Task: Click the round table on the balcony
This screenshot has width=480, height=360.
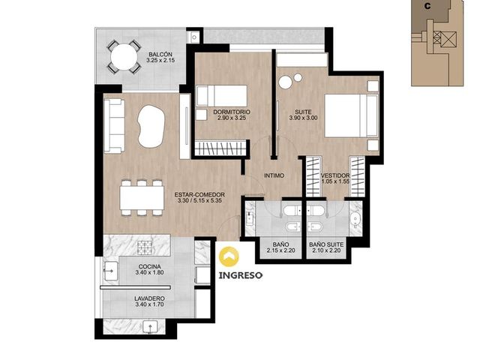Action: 124,57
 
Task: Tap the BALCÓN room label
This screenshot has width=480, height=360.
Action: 160,55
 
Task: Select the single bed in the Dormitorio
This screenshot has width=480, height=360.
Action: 222,96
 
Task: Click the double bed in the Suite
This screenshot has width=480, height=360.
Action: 351,115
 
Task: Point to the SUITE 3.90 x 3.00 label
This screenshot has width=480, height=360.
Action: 303,115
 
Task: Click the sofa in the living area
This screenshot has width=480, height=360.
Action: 114,126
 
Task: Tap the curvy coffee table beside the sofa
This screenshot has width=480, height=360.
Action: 151,127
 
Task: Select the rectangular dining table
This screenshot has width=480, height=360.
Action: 142,198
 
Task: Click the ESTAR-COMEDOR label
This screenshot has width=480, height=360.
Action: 199,195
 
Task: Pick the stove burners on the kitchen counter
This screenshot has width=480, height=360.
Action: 145,247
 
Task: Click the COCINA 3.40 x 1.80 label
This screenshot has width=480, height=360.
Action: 149,270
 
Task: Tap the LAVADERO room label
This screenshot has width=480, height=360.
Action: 149,298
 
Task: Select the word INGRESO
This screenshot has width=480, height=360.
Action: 240,275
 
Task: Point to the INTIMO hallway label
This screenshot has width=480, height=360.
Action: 274,175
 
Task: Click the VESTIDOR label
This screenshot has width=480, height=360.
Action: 335,175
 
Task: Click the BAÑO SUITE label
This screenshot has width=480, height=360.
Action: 326,244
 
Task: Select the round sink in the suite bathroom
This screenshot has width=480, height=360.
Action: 355,220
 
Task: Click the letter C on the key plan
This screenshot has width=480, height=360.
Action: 427,7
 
